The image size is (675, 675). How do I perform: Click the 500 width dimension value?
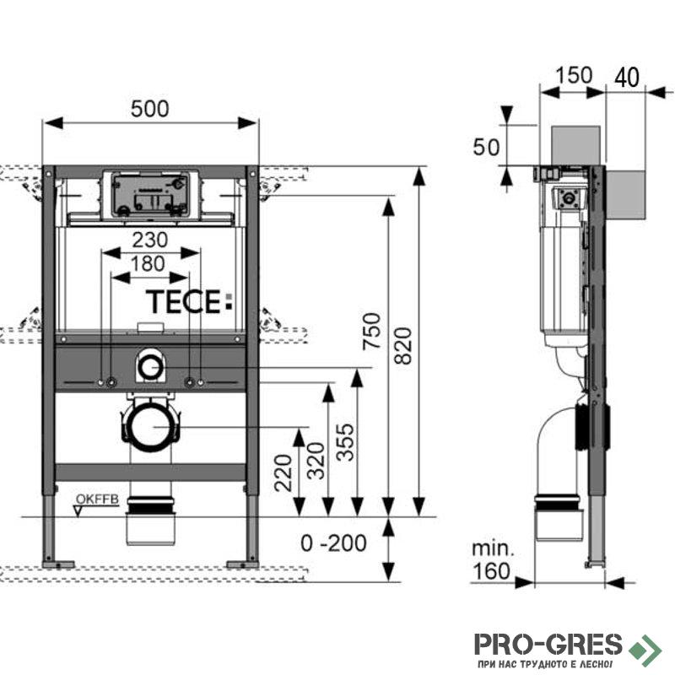[x=151, y=109]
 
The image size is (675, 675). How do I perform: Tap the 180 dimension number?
[x=148, y=263]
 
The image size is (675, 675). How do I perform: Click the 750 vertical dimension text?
[x=372, y=333]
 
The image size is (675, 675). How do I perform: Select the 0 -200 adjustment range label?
[x=335, y=543]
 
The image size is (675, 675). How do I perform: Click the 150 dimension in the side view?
[x=575, y=76]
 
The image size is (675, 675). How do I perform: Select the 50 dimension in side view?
[x=485, y=148]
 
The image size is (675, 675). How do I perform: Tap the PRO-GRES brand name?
[x=548, y=645]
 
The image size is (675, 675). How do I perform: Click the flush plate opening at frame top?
[x=151, y=196]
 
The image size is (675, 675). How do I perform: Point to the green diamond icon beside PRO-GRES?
[x=648, y=646]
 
